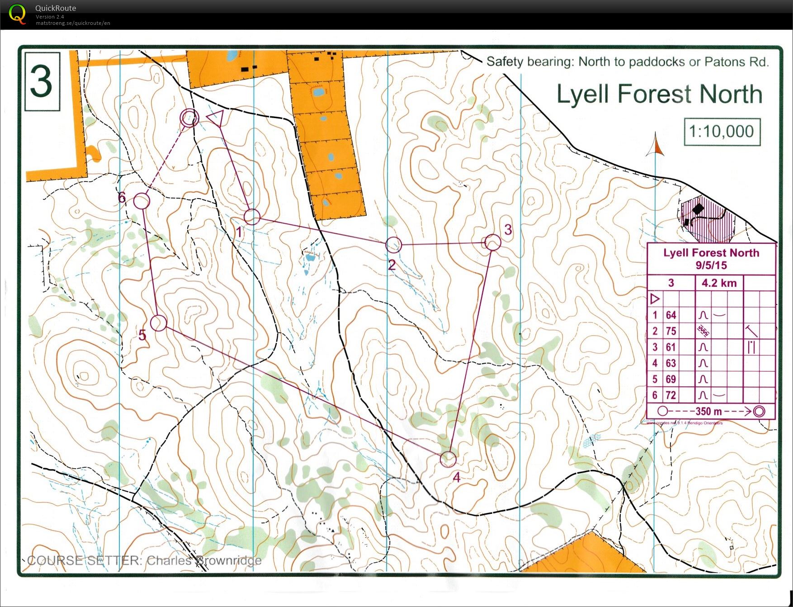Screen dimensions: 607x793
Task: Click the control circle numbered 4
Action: coord(448,459)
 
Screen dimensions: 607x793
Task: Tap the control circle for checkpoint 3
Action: coord(492,242)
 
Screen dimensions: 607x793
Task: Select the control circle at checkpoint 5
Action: coord(158,323)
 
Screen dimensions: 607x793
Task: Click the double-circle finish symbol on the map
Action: coord(189,118)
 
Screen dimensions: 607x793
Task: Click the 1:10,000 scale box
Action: coord(722,132)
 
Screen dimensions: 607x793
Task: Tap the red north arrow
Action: coord(656,145)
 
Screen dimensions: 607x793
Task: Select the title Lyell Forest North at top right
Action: coord(659,94)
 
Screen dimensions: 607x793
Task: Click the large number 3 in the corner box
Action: coord(42,81)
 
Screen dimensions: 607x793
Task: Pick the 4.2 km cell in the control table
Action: coord(719,283)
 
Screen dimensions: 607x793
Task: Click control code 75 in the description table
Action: coord(671,331)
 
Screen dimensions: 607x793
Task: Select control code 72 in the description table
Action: coord(671,395)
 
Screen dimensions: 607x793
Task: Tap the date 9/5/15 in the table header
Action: coord(711,266)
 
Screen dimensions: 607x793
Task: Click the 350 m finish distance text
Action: coord(708,411)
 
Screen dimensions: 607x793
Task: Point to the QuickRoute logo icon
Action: coord(17,14)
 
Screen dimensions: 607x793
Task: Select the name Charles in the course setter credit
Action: coord(170,560)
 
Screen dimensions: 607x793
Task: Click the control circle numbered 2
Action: coord(393,245)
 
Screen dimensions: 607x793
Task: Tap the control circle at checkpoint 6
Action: coord(142,201)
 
